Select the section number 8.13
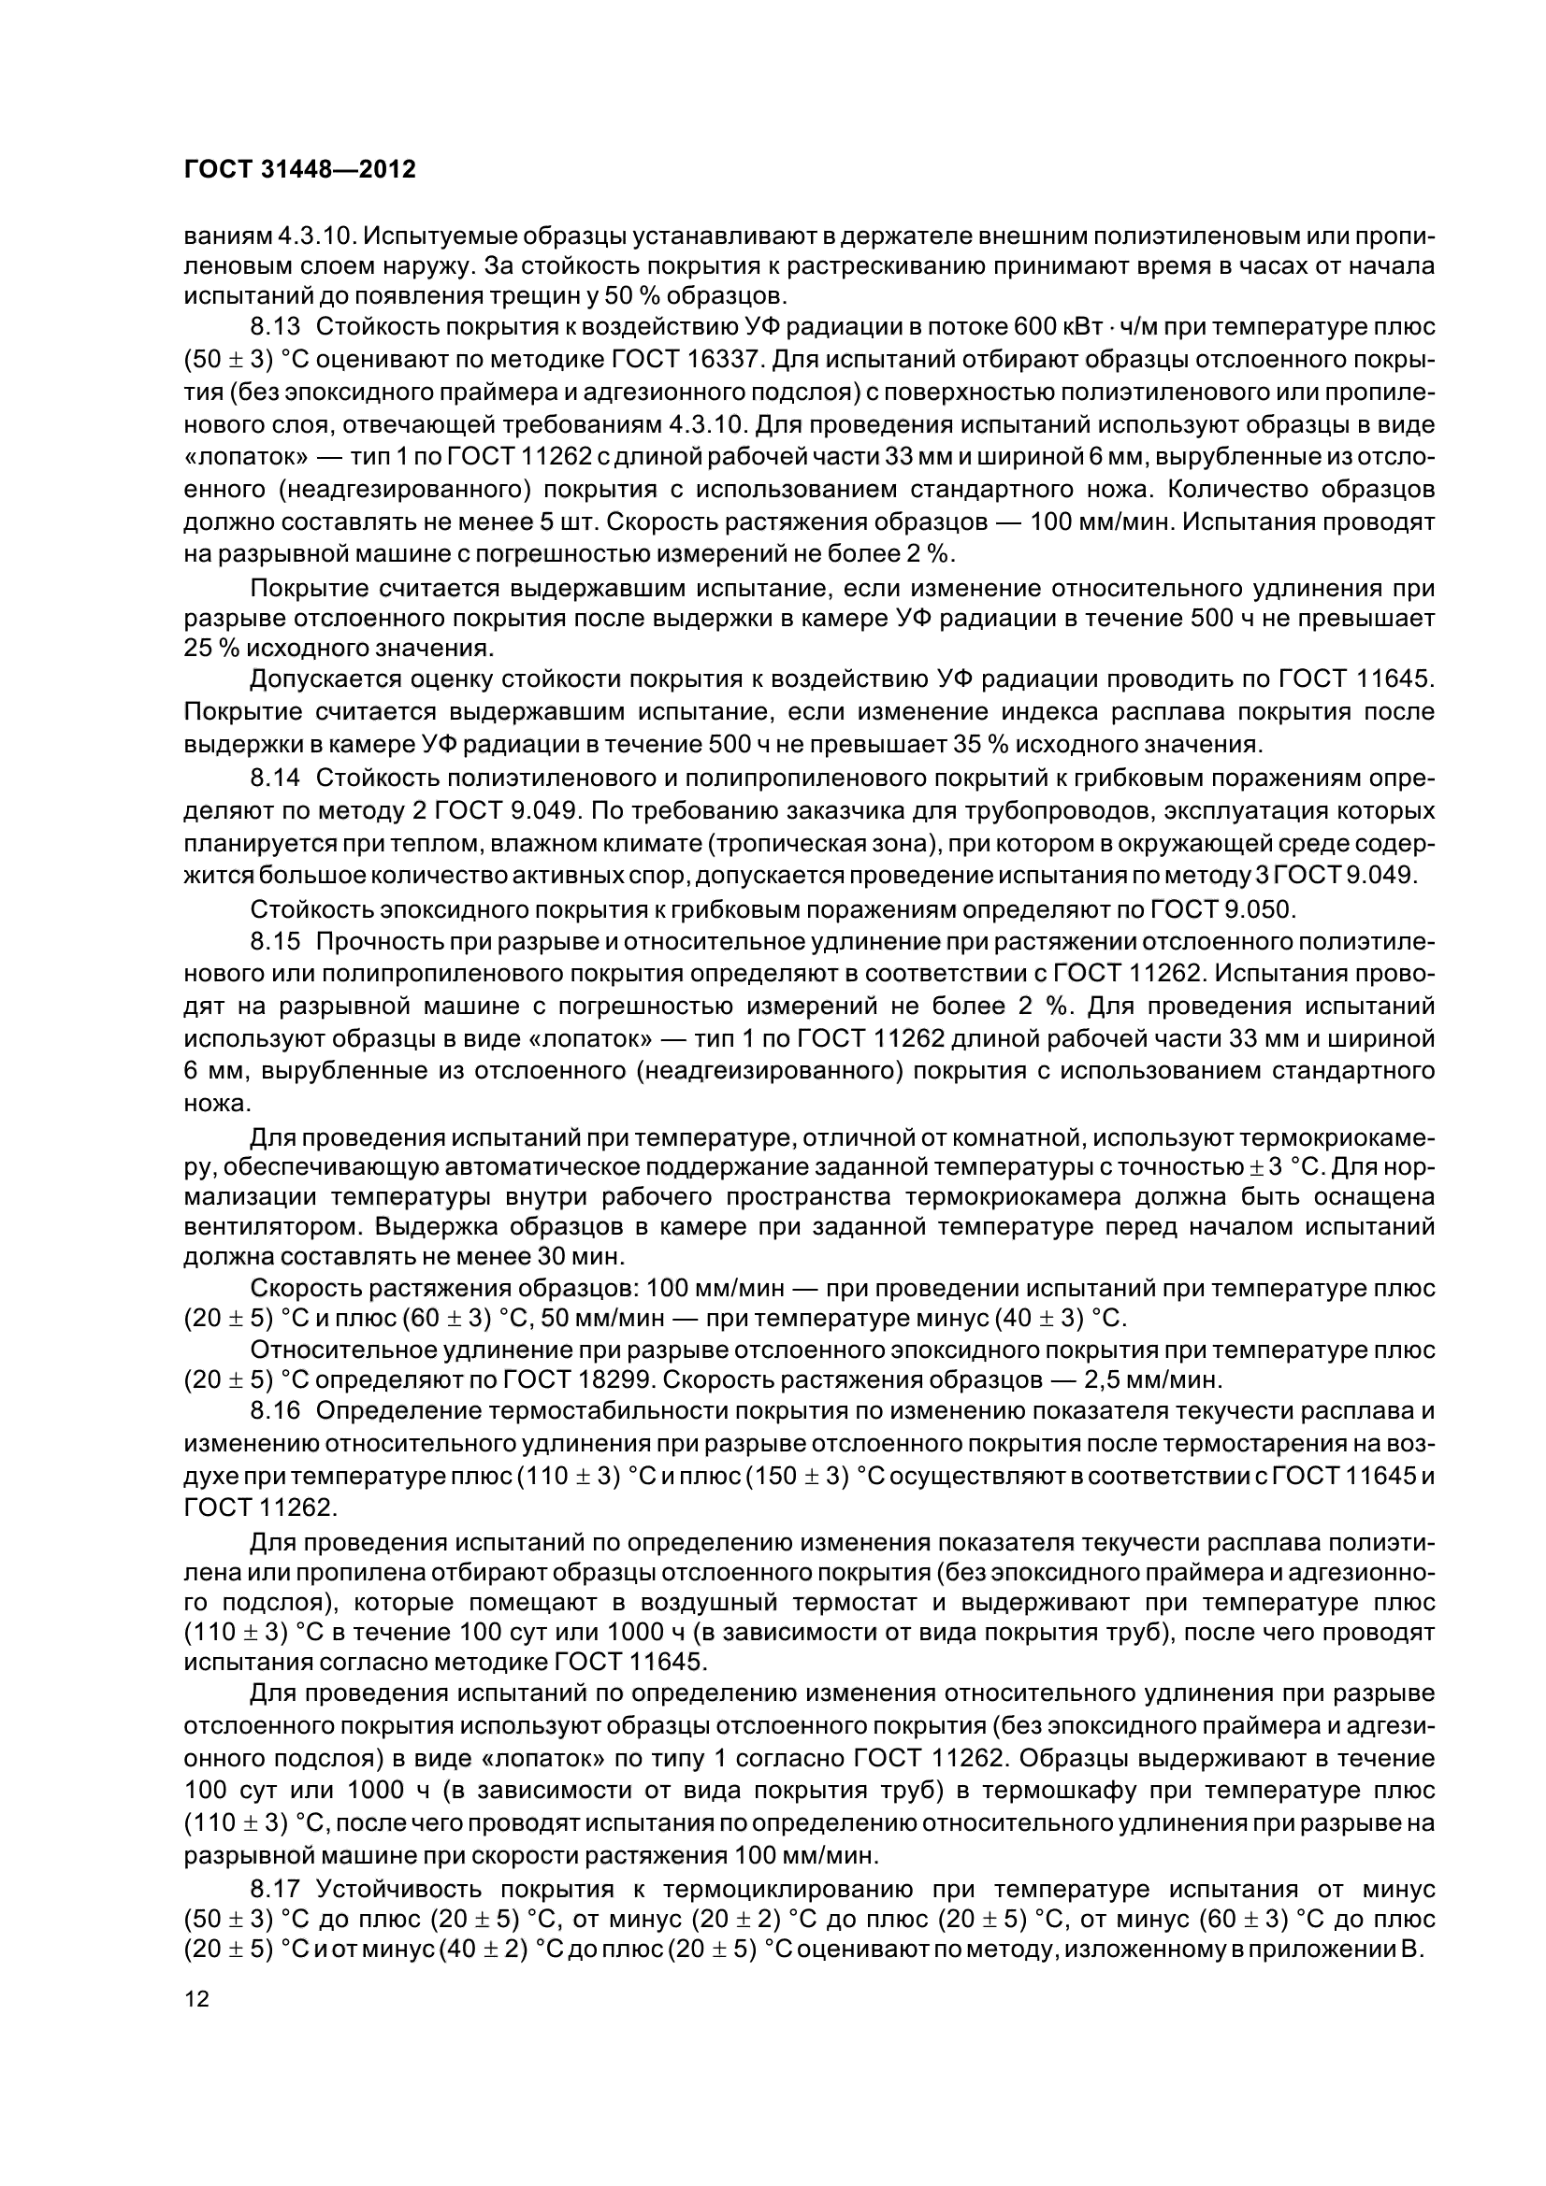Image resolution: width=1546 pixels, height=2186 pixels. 275,327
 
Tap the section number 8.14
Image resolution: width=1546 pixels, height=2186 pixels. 275,779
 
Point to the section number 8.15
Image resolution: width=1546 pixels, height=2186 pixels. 275,942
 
